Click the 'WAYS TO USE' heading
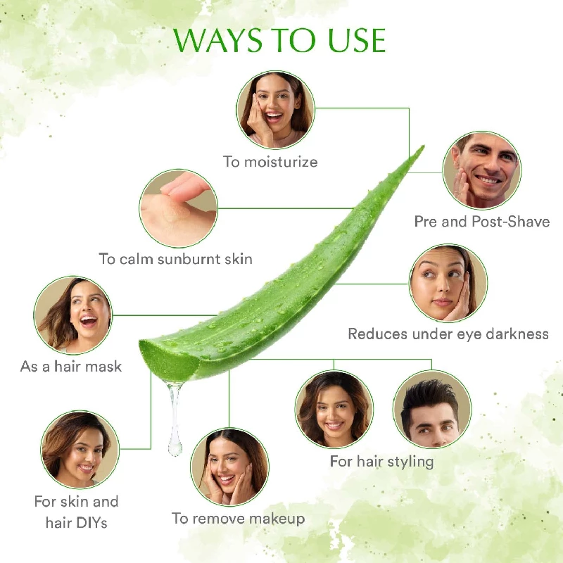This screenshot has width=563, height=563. pos(280,40)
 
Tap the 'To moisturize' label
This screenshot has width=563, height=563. pos(270,162)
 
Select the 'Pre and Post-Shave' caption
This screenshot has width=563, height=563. pos(481,221)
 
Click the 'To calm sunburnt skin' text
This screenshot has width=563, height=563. pos(175,259)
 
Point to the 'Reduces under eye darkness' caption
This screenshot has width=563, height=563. pos(448,334)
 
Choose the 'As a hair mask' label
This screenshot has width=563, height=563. pos(71,367)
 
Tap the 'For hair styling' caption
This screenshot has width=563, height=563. pos(381,462)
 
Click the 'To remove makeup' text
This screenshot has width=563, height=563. pos(238,519)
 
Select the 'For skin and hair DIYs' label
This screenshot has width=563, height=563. pos(76,512)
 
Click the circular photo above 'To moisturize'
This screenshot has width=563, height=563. pos(274,109)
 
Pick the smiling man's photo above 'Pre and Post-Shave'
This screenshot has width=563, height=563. pos(481,171)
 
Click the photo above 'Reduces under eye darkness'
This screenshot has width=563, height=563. pos(448,284)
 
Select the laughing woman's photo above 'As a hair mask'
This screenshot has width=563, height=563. pos(72,315)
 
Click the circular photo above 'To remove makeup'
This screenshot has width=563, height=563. pos(229,467)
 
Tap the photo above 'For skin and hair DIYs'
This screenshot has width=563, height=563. pos(80,450)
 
